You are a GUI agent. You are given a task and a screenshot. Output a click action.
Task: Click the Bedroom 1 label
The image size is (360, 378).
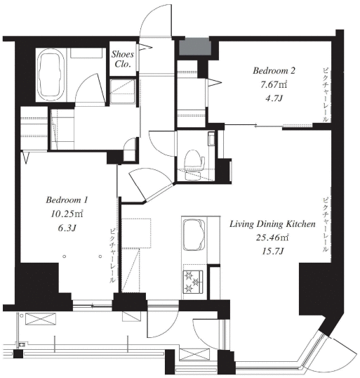point(67,200)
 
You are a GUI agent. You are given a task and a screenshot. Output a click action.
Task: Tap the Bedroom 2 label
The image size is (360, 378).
point(274,71)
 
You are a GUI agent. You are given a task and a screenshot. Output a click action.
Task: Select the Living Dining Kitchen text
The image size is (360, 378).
point(272,224)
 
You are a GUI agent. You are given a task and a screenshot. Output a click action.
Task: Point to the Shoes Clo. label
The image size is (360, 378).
point(123,59)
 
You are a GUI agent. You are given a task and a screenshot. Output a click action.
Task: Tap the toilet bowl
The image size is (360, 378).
point(194,164)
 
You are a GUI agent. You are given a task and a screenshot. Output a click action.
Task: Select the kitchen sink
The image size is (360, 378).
point(194,235)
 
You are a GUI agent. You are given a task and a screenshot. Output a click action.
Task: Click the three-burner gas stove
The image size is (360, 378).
point(193,282)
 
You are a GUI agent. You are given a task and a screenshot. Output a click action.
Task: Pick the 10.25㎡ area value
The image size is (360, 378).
point(67,214)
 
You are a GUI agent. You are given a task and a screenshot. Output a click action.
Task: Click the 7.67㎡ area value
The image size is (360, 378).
point(274,84)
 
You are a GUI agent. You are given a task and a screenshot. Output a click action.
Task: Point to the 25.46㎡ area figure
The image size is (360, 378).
point(272,238)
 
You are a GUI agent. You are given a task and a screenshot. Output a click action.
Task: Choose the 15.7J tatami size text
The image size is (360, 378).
point(272,252)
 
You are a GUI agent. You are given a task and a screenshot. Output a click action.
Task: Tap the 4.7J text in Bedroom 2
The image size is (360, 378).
point(274,98)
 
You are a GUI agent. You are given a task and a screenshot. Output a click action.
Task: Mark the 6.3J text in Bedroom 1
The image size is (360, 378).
point(67,228)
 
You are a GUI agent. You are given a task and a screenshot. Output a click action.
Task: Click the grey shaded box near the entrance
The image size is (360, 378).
point(194,46)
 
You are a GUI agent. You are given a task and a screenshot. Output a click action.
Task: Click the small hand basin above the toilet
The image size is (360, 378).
point(211,138)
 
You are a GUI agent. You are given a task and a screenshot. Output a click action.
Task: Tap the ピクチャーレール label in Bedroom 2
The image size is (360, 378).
point(326,95)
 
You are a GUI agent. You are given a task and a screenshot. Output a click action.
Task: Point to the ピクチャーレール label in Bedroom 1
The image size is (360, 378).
point(113,256)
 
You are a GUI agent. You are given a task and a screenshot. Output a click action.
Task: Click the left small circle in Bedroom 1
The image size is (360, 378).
point(65,256)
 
